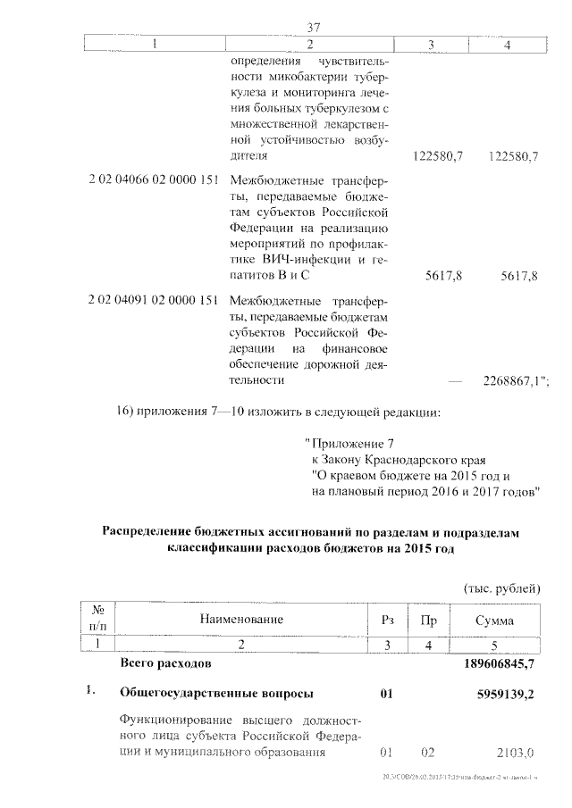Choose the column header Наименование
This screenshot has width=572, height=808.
(x=241, y=619)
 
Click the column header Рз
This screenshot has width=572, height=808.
(x=387, y=619)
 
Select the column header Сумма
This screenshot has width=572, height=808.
(x=495, y=619)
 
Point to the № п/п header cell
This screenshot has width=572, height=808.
(x=98, y=619)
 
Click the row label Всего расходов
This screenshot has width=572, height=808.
(x=165, y=665)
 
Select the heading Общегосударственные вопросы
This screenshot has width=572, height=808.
(x=216, y=692)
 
